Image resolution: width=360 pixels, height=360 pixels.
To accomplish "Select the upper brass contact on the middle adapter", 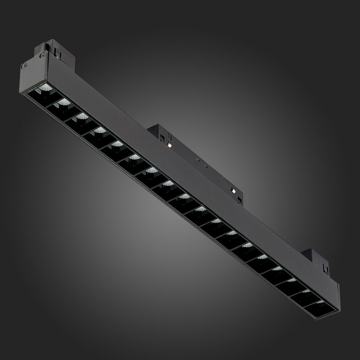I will tap(167, 145).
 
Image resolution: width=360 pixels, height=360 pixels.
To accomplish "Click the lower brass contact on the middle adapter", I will tap(233, 191).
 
